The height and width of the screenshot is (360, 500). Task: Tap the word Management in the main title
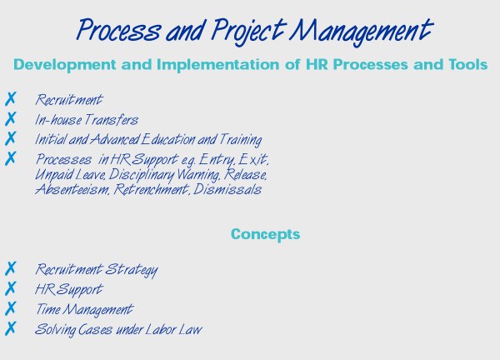point(361,32)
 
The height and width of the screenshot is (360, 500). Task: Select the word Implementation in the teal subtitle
point(217,65)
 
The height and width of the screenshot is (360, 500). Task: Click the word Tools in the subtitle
point(468,64)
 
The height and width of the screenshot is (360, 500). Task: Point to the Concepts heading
point(265,234)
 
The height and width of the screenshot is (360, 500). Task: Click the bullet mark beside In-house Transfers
point(10,118)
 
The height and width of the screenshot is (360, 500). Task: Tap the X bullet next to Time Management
point(10,308)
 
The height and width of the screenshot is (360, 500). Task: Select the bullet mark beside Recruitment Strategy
point(10,268)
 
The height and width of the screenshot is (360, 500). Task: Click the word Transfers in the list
point(112,120)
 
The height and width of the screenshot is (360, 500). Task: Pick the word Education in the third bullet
point(167,140)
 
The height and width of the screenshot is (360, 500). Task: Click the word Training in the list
point(241,140)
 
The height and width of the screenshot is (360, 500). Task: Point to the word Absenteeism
point(72,189)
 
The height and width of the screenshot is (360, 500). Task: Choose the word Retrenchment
point(152,189)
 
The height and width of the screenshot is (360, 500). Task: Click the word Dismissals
point(227,189)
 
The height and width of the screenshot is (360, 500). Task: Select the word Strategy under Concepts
point(132,270)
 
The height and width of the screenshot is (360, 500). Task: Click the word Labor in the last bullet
point(160,329)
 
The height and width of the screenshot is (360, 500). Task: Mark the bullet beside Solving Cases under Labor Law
point(10,328)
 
